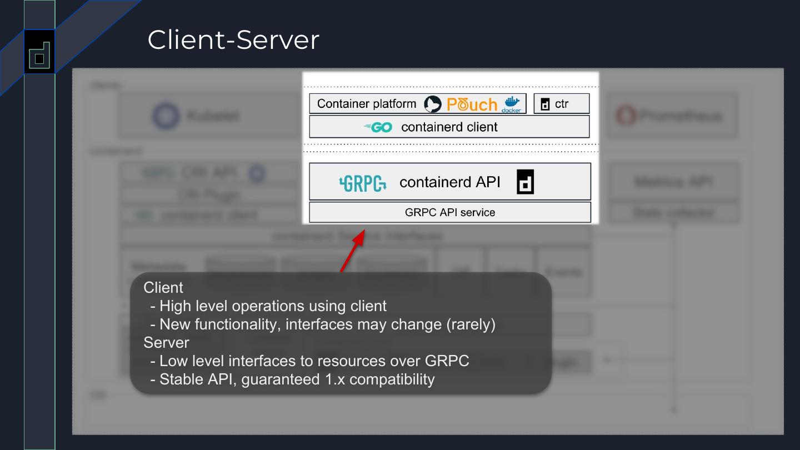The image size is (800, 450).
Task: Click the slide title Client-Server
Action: (x=233, y=40)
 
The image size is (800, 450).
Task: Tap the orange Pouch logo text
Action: (x=472, y=104)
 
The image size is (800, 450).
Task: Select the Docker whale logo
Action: (x=512, y=103)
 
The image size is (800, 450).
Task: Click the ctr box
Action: (x=561, y=104)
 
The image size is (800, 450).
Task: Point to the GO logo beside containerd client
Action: (x=378, y=127)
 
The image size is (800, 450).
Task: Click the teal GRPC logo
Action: (x=363, y=183)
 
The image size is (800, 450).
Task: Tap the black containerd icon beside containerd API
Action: (x=525, y=182)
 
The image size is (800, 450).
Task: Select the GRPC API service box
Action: (x=449, y=212)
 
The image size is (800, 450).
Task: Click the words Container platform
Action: (x=367, y=104)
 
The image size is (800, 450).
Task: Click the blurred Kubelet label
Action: (x=213, y=116)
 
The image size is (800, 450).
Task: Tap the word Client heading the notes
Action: (x=163, y=288)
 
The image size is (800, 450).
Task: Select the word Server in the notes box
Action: (x=166, y=342)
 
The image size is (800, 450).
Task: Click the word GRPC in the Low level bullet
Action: (x=447, y=361)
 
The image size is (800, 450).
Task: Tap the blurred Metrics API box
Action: (x=673, y=182)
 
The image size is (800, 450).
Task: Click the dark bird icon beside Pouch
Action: (x=433, y=104)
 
